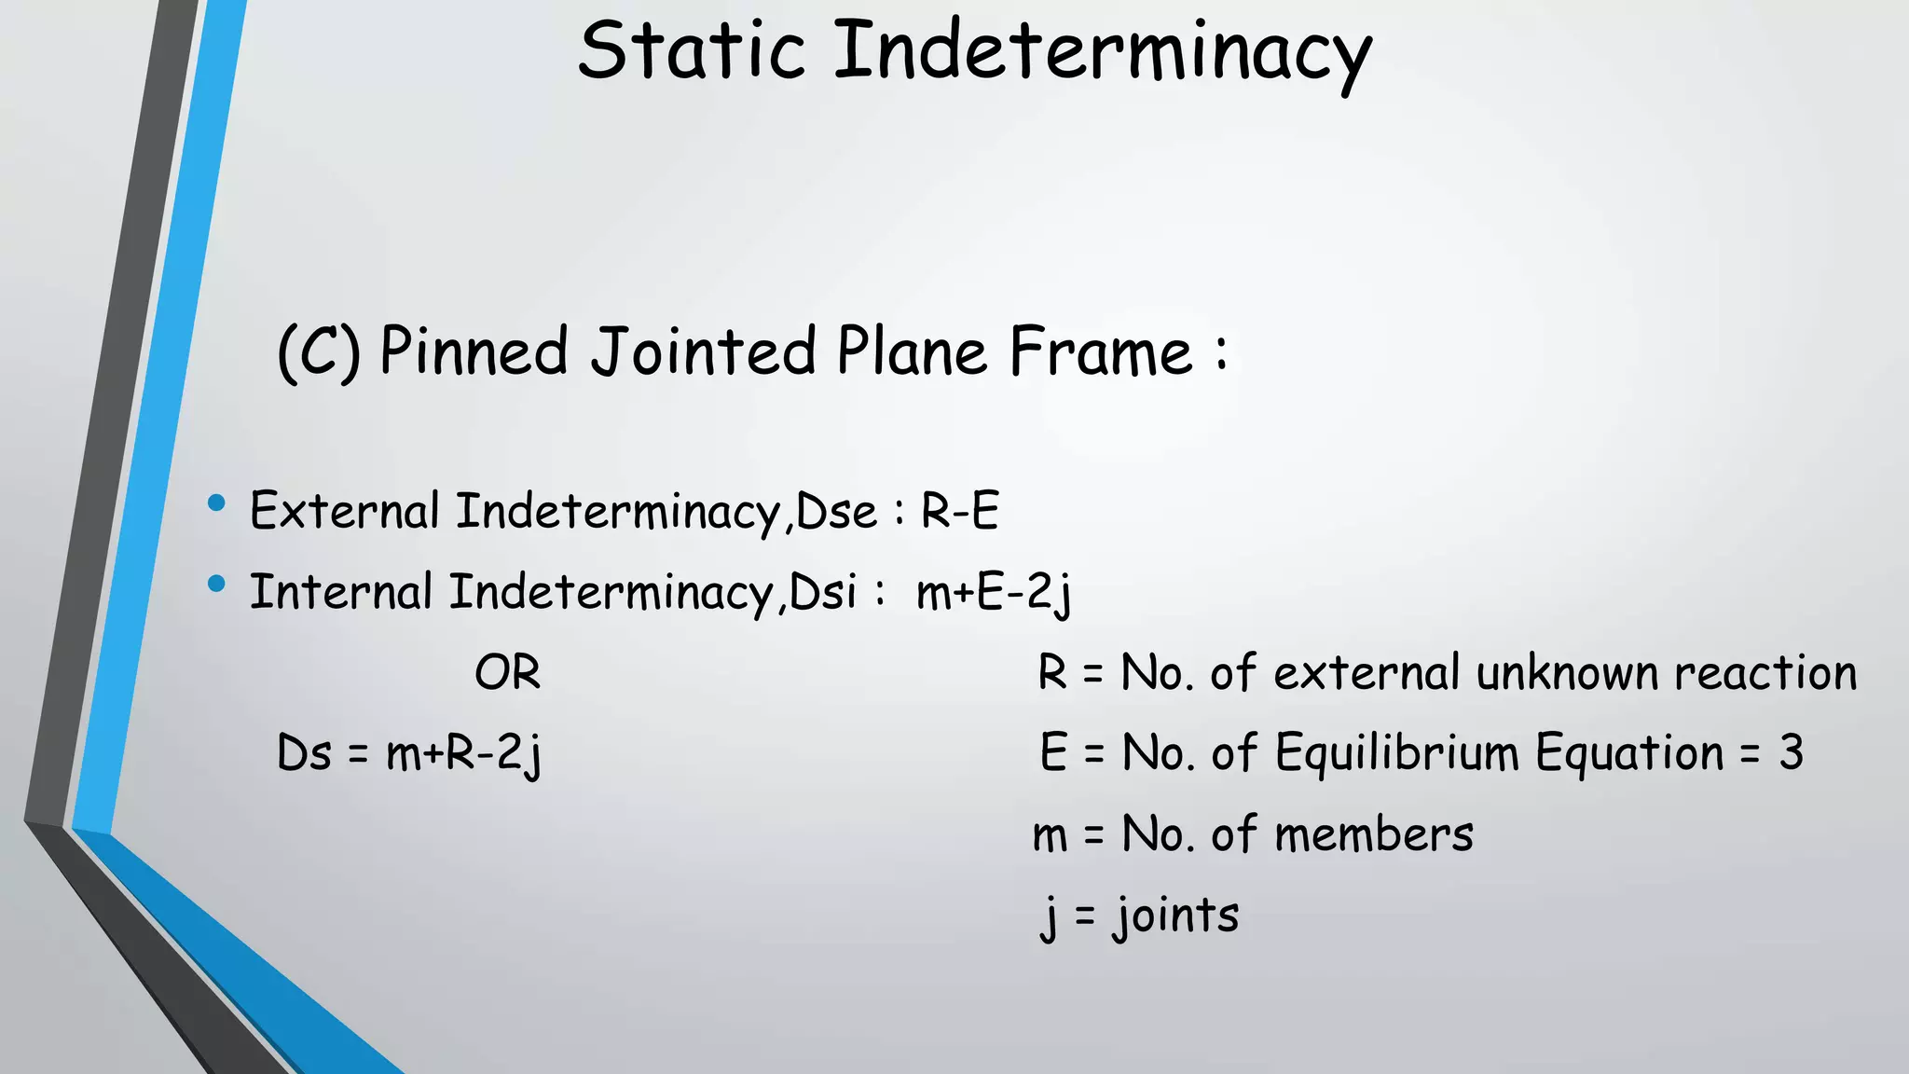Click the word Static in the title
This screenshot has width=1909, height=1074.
click(x=691, y=51)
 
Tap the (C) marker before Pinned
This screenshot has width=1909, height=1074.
click(x=319, y=352)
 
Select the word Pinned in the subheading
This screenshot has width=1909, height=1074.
click(x=474, y=352)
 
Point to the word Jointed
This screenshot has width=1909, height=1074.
click(x=704, y=352)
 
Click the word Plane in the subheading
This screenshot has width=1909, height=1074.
click(x=912, y=352)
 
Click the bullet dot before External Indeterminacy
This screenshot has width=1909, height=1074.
click(x=217, y=504)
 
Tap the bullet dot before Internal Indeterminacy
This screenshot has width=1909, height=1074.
click(x=217, y=585)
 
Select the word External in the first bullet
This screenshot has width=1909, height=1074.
click(x=344, y=511)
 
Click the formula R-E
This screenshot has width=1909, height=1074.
click(x=960, y=511)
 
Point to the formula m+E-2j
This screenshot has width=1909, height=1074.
click(x=994, y=593)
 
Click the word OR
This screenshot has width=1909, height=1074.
click(x=507, y=673)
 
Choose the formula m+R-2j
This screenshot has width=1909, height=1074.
click(x=463, y=753)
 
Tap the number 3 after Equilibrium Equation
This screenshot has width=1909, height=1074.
click(x=1791, y=753)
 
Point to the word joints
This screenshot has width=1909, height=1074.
click(x=1176, y=916)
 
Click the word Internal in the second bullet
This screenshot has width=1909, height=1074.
click(x=341, y=593)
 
